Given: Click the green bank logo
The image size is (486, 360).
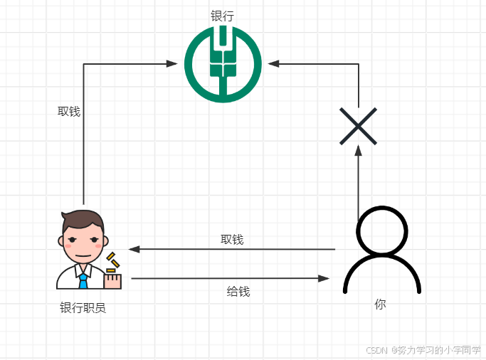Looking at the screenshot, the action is [223, 63].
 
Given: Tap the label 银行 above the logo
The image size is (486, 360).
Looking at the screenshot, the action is [222, 16].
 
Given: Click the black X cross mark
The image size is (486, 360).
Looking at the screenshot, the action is [358, 127].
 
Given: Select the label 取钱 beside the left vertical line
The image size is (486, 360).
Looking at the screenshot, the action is [69, 111].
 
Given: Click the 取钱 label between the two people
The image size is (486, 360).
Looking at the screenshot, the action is [232, 240].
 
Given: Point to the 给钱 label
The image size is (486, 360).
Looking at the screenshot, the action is [238, 291].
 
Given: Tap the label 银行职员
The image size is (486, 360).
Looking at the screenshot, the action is [83, 308].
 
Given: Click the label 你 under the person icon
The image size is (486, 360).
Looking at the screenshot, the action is [381, 304].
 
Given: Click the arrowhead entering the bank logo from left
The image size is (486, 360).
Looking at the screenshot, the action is [172, 64].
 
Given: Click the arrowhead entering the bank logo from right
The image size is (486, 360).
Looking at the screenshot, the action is [274, 64].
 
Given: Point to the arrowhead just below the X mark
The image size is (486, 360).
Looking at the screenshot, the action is [359, 152].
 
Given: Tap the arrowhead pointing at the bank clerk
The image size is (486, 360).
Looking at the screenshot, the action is [134, 249].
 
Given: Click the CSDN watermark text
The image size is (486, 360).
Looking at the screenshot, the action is [423, 350].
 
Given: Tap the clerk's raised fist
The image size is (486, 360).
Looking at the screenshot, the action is [113, 281].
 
